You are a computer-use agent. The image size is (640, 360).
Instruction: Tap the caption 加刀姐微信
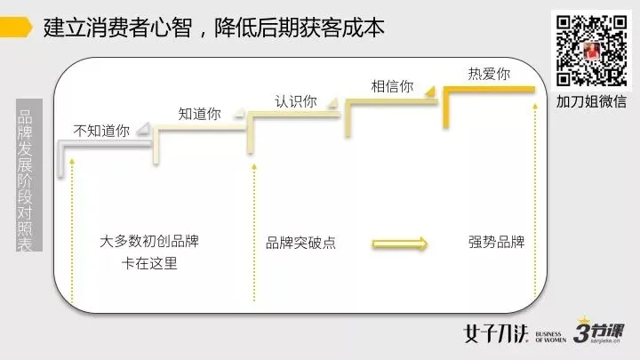pos(591,101)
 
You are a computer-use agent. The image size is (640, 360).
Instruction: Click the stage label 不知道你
pos(101,130)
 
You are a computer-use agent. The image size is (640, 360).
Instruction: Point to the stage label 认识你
pos(295,100)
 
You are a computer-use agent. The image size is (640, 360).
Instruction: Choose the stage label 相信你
pos(391,86)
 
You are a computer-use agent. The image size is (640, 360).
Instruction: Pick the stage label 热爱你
pos(489,74)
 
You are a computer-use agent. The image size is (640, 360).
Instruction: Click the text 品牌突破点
pos(300,243)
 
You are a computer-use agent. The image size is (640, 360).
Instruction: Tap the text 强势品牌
pos(496,243)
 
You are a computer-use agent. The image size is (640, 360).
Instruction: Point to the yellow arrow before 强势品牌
pos(400,244)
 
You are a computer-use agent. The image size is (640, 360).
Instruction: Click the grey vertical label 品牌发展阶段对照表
pos(26,181)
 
